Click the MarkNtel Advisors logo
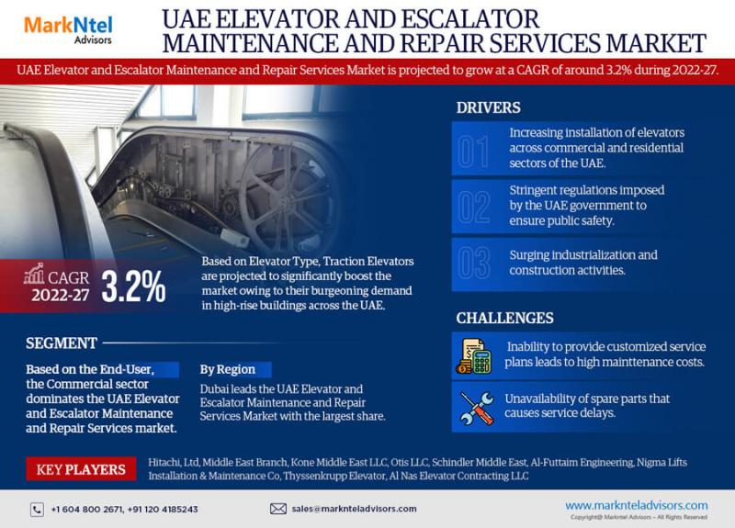coord(68,30)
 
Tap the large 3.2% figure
coord(133,286)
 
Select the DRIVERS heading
coord(488,107)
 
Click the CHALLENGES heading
coord(504,318)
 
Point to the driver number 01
coord(473,152)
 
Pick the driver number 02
coord(473,207)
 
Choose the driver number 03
coord(473,263)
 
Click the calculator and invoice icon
coord(473,356)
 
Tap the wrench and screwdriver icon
coord(477,408)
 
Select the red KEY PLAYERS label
coord(81,469)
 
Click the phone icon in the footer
coord(37,510)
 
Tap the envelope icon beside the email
coord(278,509)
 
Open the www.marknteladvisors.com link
coord(637,506)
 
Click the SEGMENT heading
coord(62,343)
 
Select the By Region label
coord(228,370)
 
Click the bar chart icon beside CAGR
coord(34,274)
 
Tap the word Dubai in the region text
coord(213,388)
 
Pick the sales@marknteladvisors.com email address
coord(354,509)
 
